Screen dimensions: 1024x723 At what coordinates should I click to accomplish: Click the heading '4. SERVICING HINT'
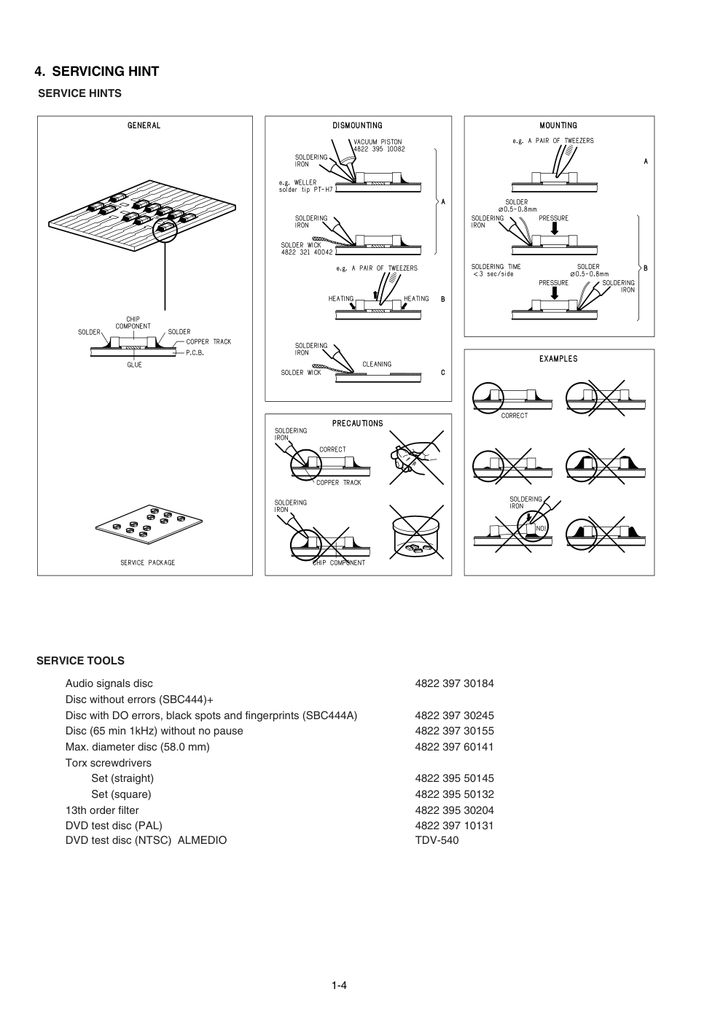(97, 71)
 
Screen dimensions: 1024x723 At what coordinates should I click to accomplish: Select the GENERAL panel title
(144, 125)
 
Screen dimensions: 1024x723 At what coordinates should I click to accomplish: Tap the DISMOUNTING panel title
(357, 125)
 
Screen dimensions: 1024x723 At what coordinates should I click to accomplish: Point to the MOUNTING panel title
(558, 125)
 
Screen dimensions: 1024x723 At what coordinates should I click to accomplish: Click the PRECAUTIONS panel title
(357, 424)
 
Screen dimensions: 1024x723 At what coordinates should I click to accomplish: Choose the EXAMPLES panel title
(558, 359)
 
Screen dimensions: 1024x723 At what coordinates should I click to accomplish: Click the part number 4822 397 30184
(454, 683)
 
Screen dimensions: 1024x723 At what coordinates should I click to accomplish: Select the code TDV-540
(437, 840)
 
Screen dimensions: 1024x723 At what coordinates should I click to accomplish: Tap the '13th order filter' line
(102, 810)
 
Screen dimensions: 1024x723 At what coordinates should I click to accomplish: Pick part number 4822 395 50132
(454, 794)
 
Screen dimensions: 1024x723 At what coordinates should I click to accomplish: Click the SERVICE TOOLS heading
(80, 661)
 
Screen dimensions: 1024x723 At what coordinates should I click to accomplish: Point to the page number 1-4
(339, 986)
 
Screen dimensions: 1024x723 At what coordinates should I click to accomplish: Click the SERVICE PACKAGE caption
(148, 562)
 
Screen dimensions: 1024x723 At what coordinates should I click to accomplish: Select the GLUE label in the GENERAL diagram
(135, 365)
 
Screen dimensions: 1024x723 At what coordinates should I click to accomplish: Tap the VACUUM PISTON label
(378, 142)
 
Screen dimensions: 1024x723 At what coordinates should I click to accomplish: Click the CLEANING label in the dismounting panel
(377, 364)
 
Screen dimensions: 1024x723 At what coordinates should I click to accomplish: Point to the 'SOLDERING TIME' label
(496, 267)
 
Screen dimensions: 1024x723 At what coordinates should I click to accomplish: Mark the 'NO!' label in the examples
(541, 528)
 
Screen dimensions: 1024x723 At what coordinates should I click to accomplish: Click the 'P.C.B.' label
(195, 352)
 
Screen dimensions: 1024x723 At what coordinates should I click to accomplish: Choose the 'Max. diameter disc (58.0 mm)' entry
(137, 747)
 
